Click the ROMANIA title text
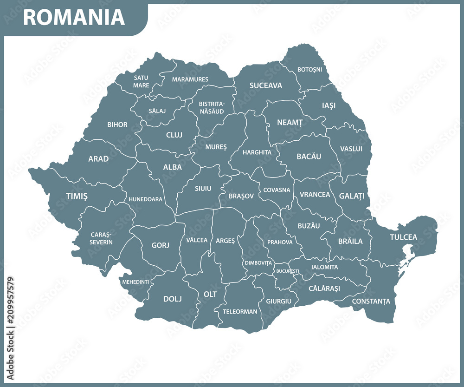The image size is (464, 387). click(74, 17)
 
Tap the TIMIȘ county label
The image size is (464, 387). click(77, 196)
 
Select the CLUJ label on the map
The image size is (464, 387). click(174, 135)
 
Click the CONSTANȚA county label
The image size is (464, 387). click(371, 301)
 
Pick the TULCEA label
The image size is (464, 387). click(403, 237)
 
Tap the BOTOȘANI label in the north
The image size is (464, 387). click(310, 69)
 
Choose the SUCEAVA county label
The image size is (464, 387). click(265, 85)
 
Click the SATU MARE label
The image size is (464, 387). click(141, 81)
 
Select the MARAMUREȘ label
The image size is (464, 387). click(190, 79)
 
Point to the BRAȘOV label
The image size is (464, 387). click(241, 196)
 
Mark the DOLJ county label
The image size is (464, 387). click(172, 299)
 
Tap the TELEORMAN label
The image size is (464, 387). click(240, 312)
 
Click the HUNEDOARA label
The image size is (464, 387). click(146, 199)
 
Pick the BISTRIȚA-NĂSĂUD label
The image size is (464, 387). click(211, 107)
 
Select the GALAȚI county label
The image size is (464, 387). click(351, 196)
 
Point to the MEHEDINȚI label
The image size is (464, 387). click(135, 282)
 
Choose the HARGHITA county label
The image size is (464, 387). click(257, 152)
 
